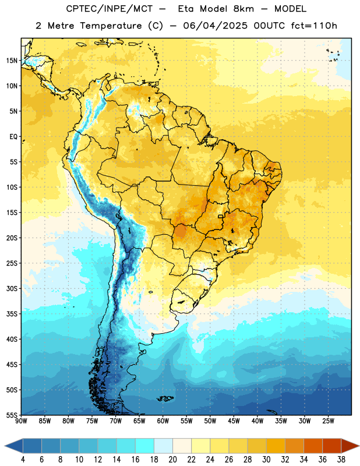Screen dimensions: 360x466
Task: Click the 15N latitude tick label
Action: [x=12, y=61]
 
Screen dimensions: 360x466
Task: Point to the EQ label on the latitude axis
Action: [x=13, y=137]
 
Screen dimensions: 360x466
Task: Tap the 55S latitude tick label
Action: [x=12, y=415]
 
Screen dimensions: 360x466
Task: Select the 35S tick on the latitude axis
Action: [x=12, y=314]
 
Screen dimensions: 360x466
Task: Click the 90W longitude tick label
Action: [x=21, y=421]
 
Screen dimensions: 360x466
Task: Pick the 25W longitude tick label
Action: [x=328, y=421]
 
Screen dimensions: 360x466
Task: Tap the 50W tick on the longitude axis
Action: [x=210, y=421]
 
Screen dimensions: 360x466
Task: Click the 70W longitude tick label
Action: [x=116, y=421]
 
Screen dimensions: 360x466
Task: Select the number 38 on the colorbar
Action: [x=341, y=460]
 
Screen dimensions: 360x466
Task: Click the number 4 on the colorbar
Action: [x=23, y=460]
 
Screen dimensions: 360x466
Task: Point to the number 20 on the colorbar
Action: [x=172, y=460]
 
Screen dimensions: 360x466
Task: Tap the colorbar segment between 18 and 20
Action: [x=164, y=446]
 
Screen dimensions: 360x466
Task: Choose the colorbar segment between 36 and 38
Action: [x=332, y=446]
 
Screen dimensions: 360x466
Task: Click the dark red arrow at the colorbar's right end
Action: [x=350, y=446]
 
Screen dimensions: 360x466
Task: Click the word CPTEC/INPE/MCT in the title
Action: [x=110, y=9]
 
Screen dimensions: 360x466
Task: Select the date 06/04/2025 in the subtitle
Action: [x=215, y=26]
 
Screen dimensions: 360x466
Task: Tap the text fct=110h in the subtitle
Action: [x=314, y=26]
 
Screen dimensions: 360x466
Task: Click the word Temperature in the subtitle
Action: [x=111, y=26]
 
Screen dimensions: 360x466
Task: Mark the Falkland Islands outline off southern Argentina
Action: [x=165, y=398]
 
